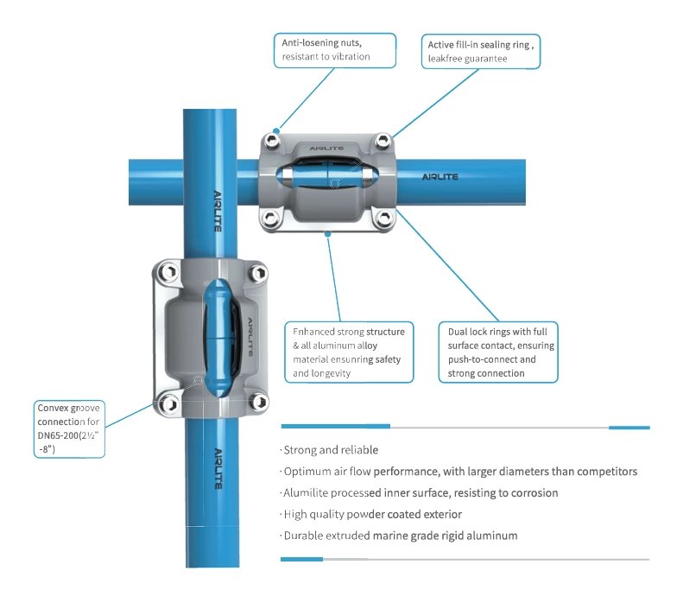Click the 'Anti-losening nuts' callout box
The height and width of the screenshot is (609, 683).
tap(336, 49)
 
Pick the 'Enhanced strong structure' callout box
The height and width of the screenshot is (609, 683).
tap(349, 352)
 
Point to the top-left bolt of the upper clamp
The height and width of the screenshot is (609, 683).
tap(274, 141)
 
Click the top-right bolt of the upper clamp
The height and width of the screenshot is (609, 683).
tap(383, 141)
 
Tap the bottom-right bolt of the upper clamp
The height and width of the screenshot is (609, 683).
tap(383, 220)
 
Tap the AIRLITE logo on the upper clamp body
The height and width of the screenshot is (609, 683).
tap(328, 148)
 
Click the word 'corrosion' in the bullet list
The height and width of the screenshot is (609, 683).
tap(529, 492)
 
